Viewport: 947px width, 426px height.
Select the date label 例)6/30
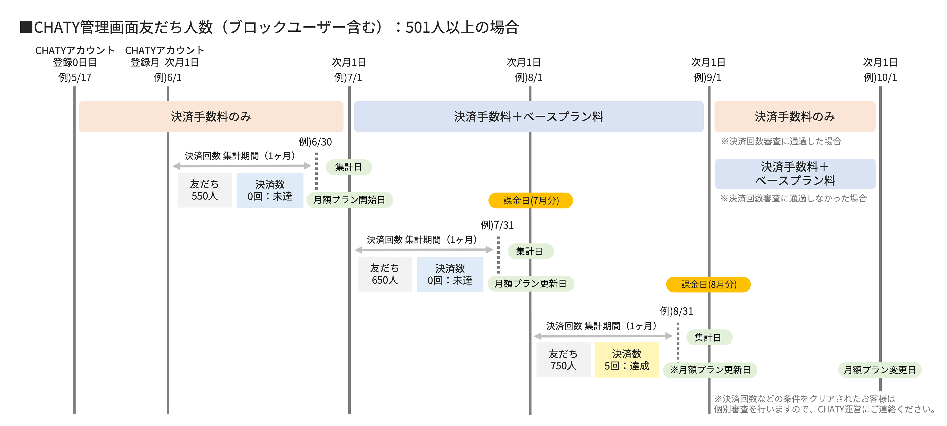pos(315,142)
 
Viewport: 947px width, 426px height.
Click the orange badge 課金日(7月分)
pos(531,200)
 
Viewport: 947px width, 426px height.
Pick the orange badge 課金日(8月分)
pos(708,284)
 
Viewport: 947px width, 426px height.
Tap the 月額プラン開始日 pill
pos(349,200)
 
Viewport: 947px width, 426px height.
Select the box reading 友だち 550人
pos(204,190)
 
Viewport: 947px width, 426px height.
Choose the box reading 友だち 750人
pos(563,360)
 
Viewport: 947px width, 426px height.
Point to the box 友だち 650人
pos(384,274)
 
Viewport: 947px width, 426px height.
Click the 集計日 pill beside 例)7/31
pos(530,251)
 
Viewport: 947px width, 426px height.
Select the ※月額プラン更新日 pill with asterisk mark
pos(710,370)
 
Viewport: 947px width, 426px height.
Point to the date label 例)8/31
pos(676,311)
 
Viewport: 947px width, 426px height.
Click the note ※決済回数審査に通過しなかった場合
pos(793,199)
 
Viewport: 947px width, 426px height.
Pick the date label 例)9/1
pos(707,78)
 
